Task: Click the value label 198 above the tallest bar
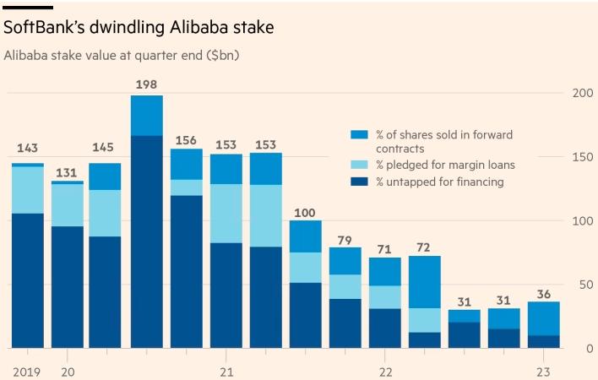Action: (146, 84)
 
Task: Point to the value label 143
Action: (27, 149)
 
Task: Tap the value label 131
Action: (67, 172)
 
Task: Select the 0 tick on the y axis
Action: (589, 348)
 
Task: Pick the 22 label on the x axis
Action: (385, 372)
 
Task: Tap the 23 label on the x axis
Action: (544, 372)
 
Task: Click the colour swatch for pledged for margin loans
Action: (359, 166)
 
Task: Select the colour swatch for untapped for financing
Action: (359, 182)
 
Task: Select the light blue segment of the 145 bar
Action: (106, 213)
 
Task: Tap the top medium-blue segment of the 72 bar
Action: (424, 281)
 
